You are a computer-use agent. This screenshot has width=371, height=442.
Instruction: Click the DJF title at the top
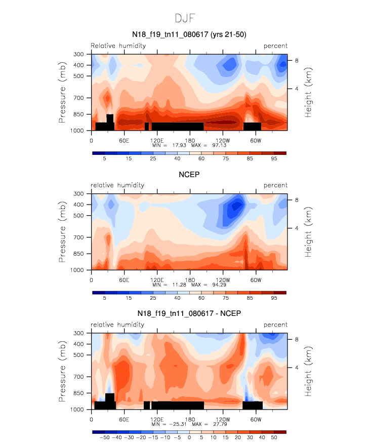click(185, 18)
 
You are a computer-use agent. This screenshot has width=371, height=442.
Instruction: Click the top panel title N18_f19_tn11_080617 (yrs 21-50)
click(189, 34)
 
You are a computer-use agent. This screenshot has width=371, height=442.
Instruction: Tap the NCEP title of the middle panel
click(189, 175)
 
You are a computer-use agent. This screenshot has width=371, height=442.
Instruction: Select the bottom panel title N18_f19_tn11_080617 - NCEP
click(189, 313)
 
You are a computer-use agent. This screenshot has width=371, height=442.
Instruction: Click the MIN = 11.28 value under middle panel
click(171, 285)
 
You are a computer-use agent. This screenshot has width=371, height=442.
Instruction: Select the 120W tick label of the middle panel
click(222, 279)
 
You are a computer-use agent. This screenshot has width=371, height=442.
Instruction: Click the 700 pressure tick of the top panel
click(78, 98)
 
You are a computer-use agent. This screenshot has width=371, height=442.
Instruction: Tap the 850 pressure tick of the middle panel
click(78, 254)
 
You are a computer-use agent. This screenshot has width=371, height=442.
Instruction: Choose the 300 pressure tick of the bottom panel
click(78, 333)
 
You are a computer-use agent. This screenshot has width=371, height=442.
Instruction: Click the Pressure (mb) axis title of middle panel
click(62, 231)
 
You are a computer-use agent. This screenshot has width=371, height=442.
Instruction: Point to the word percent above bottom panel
click(275, 325)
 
